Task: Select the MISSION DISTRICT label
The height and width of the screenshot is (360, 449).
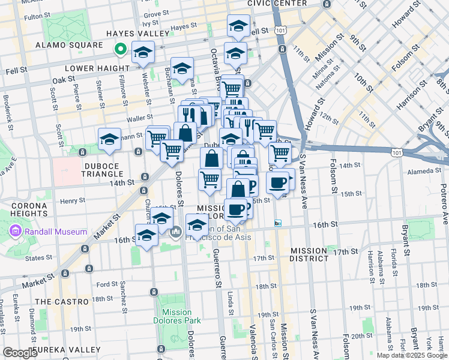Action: point(310,254)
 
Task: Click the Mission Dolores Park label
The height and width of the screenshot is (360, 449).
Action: point(177,316)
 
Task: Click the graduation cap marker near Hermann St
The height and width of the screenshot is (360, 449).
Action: point(110,139)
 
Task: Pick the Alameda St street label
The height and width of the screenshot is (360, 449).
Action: point(424,171)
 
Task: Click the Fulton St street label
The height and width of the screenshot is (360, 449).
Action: point(37,17)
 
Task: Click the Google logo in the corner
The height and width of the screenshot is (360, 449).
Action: point(20,353)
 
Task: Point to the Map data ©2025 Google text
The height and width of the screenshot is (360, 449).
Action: point(412,355)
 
